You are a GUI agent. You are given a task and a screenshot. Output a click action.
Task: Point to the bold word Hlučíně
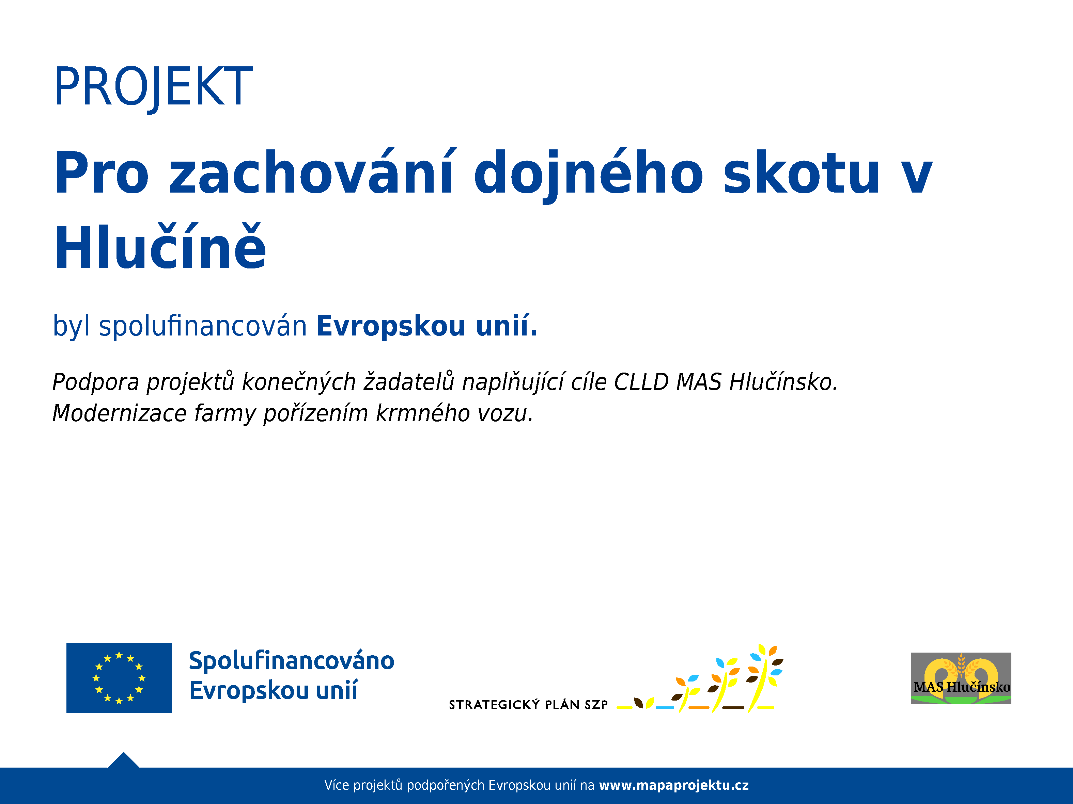pyautogui.click(x=160, y=246)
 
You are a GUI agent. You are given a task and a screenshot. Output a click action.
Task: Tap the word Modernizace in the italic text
pyautogui.click(x=119, y=413)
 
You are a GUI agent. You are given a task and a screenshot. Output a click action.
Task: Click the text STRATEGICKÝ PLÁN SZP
pyautogui.click(x=528, y=705)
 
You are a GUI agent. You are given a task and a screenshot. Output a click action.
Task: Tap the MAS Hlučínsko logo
pyautogui.click(x=961, y=678)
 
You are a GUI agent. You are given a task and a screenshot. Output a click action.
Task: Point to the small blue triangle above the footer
pyautogui.click(x=124, y=760)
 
